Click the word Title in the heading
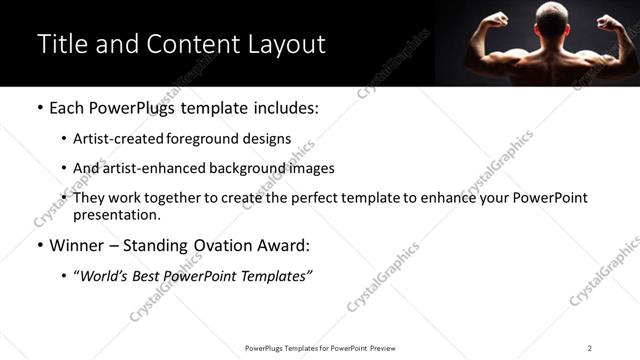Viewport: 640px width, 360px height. click(x=60, y=44)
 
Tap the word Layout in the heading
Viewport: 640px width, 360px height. click(x=285, y=44)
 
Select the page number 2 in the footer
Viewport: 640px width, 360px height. click(x=590, y=348)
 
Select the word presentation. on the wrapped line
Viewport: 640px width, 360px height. click(x=117, y=215)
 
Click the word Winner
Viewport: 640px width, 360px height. click(x=77, y=245)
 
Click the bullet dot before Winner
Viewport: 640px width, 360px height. click(x=38, y=245)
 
